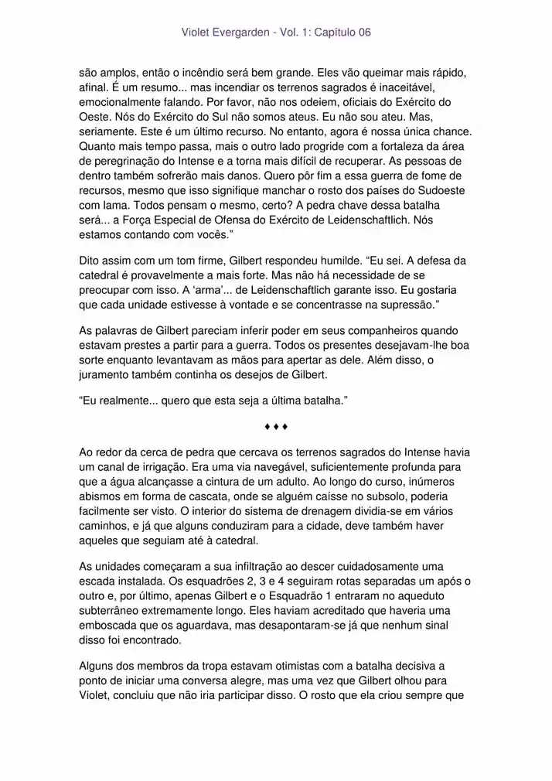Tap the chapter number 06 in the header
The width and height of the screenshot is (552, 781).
[x=363, y=32]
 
